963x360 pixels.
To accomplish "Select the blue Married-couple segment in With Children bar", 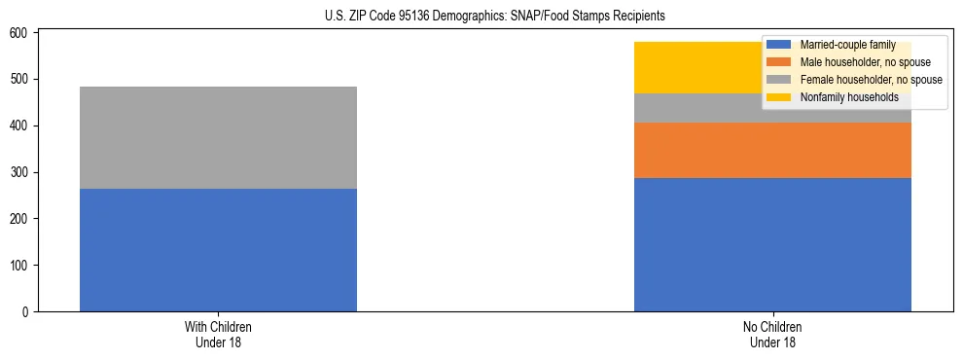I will click(x=218, y=250).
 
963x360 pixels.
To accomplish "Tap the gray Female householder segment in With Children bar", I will click(x=218, y=137).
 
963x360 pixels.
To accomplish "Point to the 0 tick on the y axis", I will click(x=28, y=312).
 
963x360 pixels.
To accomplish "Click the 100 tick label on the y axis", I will click(x=22, y=266).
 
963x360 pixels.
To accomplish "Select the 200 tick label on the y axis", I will click(x=22, y=219).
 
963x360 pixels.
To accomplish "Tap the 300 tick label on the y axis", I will click(x=22, y=172).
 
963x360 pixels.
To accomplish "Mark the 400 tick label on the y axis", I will click(x=22, y=126).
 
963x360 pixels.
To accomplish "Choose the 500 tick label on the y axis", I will click(x=22, y=79).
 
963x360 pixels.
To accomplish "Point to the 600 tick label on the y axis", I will click(x=22, y=33).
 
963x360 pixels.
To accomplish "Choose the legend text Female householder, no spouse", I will click(x=871, y=80).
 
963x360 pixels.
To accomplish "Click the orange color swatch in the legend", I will click(x=779, y=62).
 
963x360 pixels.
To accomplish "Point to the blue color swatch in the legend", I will click(x=779, y=46).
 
